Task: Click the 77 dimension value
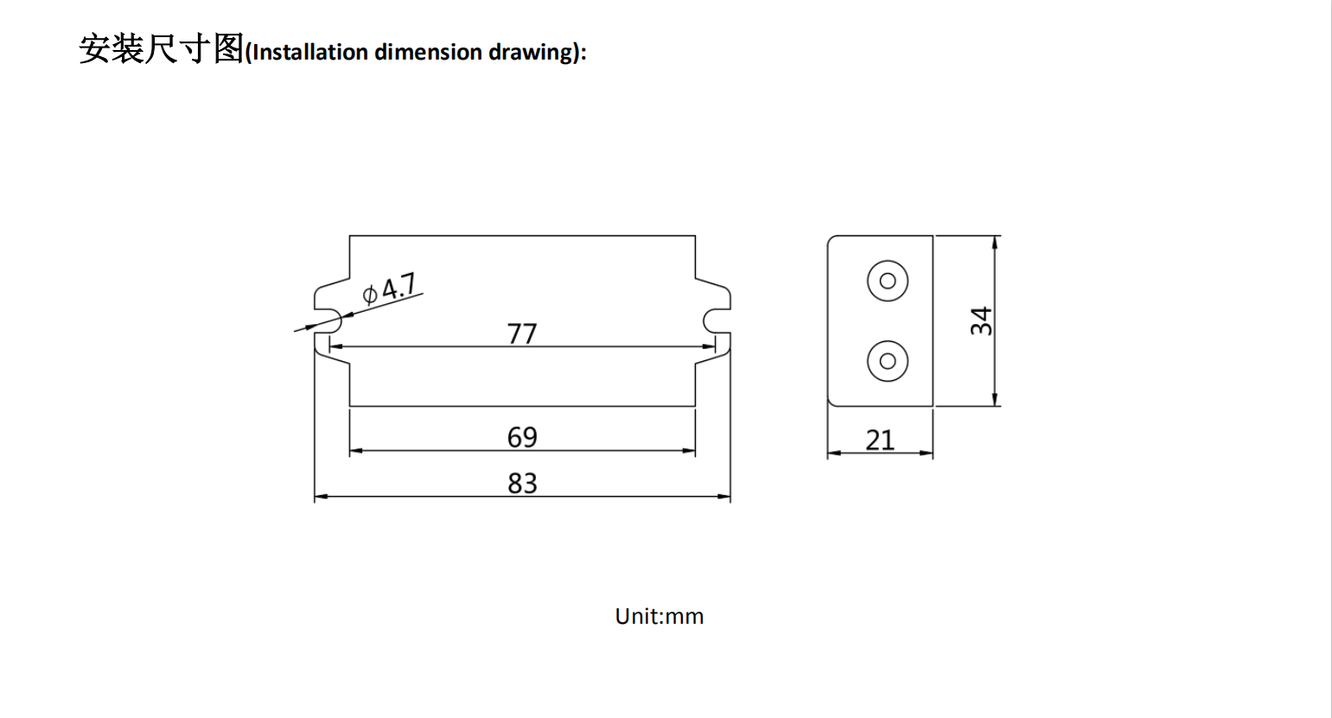tap(522, 334)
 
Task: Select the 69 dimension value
tap(522, 437)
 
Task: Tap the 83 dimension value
tap(522, 483)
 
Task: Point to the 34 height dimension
tap(981, 321)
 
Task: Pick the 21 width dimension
tap(880, 440)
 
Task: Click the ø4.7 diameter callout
tap(390, 289)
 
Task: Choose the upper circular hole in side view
tap(887, 281)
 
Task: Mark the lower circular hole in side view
tap(887, 360)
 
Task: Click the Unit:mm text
tap(660, 616)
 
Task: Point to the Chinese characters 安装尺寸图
tap(162, 48)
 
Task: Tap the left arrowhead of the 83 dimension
tap(320, 497)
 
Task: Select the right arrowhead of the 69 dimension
tap(690, 451)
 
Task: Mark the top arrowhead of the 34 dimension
tap(996, 242)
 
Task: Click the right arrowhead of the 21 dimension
tap(927, 452)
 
